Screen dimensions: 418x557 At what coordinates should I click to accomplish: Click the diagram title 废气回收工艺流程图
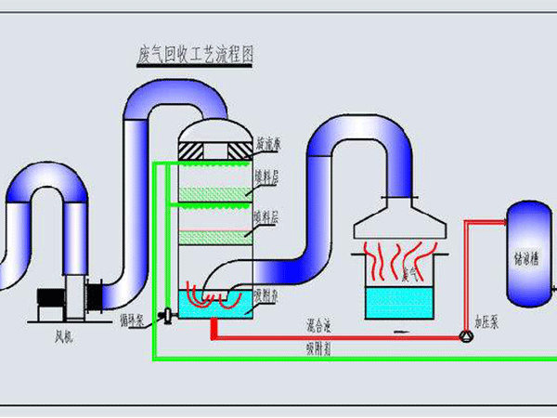click(194, 54)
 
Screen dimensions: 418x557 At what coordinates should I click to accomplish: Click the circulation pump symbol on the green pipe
click(166, 316)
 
